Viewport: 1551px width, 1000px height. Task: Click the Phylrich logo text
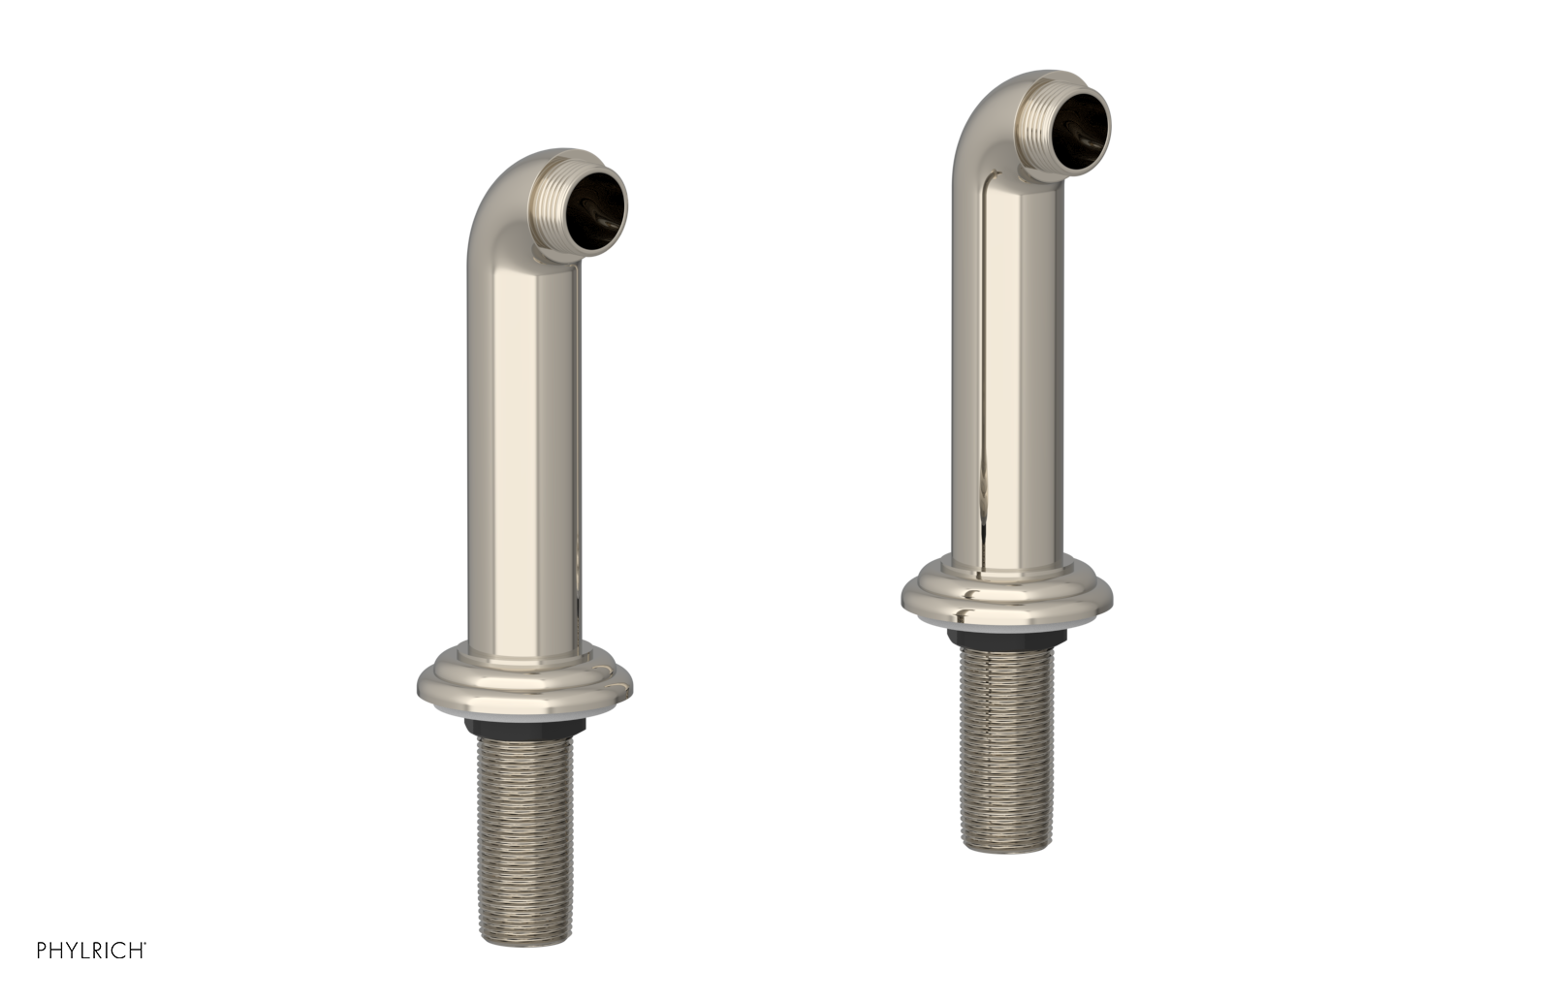click(x=90, y=951)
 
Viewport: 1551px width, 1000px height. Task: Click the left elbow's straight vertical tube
click(x=523, y=436)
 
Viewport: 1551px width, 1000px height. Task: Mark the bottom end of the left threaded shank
click(x=523, y=936)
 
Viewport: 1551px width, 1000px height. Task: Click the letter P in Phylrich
click(x=42, y=951)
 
